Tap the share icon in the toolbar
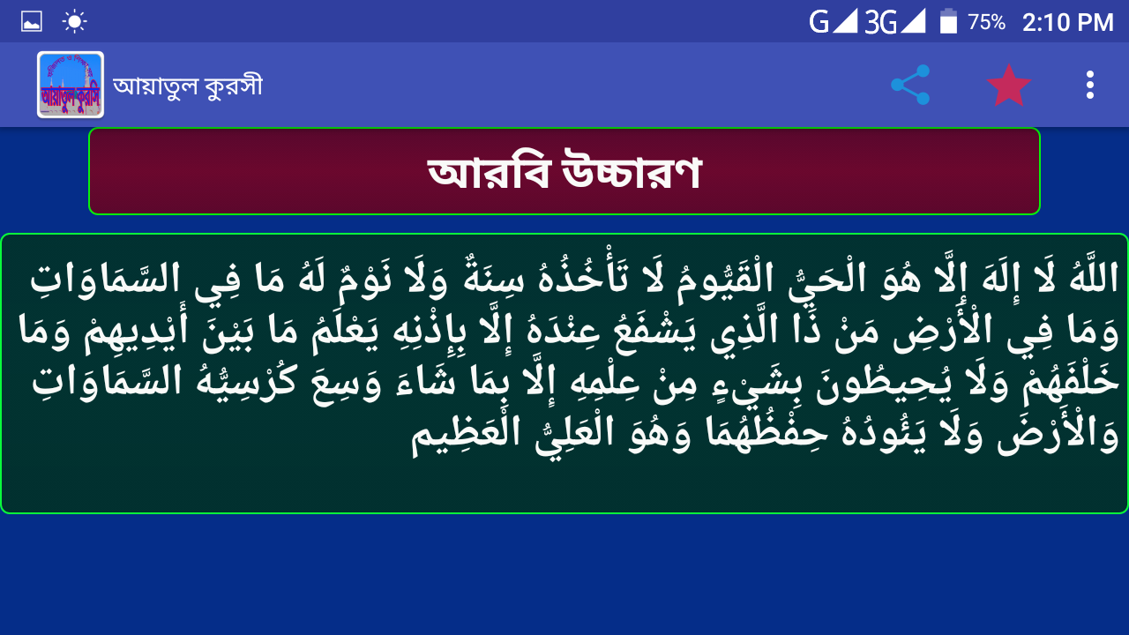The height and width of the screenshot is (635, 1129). click(910, 85)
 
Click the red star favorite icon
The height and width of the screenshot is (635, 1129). click(1008, 86)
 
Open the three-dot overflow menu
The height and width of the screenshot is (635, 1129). click(1090, 85)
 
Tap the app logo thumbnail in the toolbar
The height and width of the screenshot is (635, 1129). click(71, 85)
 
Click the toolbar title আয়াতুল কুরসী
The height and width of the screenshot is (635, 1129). click(188, 86)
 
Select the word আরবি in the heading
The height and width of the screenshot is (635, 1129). click(488, 171)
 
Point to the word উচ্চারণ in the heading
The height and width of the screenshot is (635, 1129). click(632, 170)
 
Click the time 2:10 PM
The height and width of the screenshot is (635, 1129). click(1067, 22)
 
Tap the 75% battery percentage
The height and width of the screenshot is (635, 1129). click(986, 22)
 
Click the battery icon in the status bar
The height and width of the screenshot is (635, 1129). click(948, 22)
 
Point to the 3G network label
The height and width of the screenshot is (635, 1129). click(880, 23)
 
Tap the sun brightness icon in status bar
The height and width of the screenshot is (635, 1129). click(74, 22)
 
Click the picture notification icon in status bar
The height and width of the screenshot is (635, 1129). click(31, 22)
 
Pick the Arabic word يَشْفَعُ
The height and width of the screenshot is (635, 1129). click(654, 330)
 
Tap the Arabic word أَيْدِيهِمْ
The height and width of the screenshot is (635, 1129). click(137, 330)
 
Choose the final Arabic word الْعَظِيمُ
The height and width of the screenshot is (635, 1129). click(466, 436)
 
